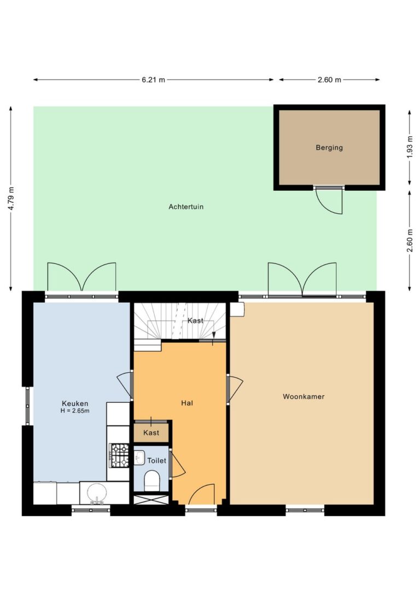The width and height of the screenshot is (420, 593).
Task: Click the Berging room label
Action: pos(329,148)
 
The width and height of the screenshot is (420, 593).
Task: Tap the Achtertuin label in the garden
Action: pos(186,207)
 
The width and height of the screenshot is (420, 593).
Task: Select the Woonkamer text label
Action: pos(304,396)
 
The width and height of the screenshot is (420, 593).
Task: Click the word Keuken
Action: pos(75,403)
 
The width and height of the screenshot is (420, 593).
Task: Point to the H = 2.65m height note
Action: pos(75,410)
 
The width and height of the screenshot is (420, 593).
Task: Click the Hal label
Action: pos(187,403)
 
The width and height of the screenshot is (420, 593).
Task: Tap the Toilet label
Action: pos(156,460)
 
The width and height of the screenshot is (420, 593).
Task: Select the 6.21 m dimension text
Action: pos(154,80)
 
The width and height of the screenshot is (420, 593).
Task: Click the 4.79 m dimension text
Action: pos(11,199)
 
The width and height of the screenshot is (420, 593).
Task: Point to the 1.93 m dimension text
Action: pos(410,148)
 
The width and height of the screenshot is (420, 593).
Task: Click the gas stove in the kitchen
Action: pos(119,455)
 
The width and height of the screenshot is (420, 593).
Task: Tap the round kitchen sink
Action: pos(96,493)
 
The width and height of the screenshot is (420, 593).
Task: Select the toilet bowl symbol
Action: pos(153,480)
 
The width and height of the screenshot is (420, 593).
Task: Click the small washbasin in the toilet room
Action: pos(139,457)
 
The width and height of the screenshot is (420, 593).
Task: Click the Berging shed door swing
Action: pos(329,201)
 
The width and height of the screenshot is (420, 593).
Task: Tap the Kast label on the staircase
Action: pos(195,321)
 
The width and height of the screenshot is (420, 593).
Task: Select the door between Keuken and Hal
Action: pos(125,385)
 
